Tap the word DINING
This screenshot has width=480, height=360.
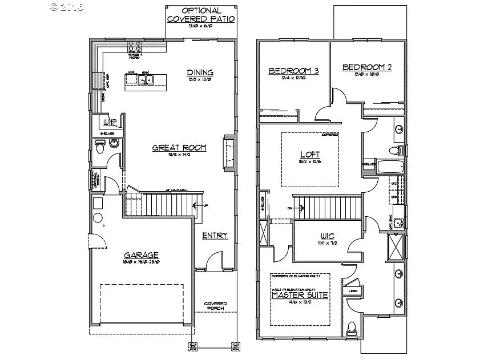(200, 72)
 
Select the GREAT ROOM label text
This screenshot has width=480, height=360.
(179, 148)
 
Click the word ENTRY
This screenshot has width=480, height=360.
(215, 236)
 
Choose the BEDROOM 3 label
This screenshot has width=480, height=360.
(293, 71)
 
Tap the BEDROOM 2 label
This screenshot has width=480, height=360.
(367, 67)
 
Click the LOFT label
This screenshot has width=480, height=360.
(310, 155)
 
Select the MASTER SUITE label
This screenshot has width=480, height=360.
(299, 295)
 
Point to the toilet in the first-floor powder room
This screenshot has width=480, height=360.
(100, 149)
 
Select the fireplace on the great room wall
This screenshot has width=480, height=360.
(229, 153)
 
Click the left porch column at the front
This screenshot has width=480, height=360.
(192, 346)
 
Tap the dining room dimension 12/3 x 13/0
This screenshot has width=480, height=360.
(200, 80)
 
